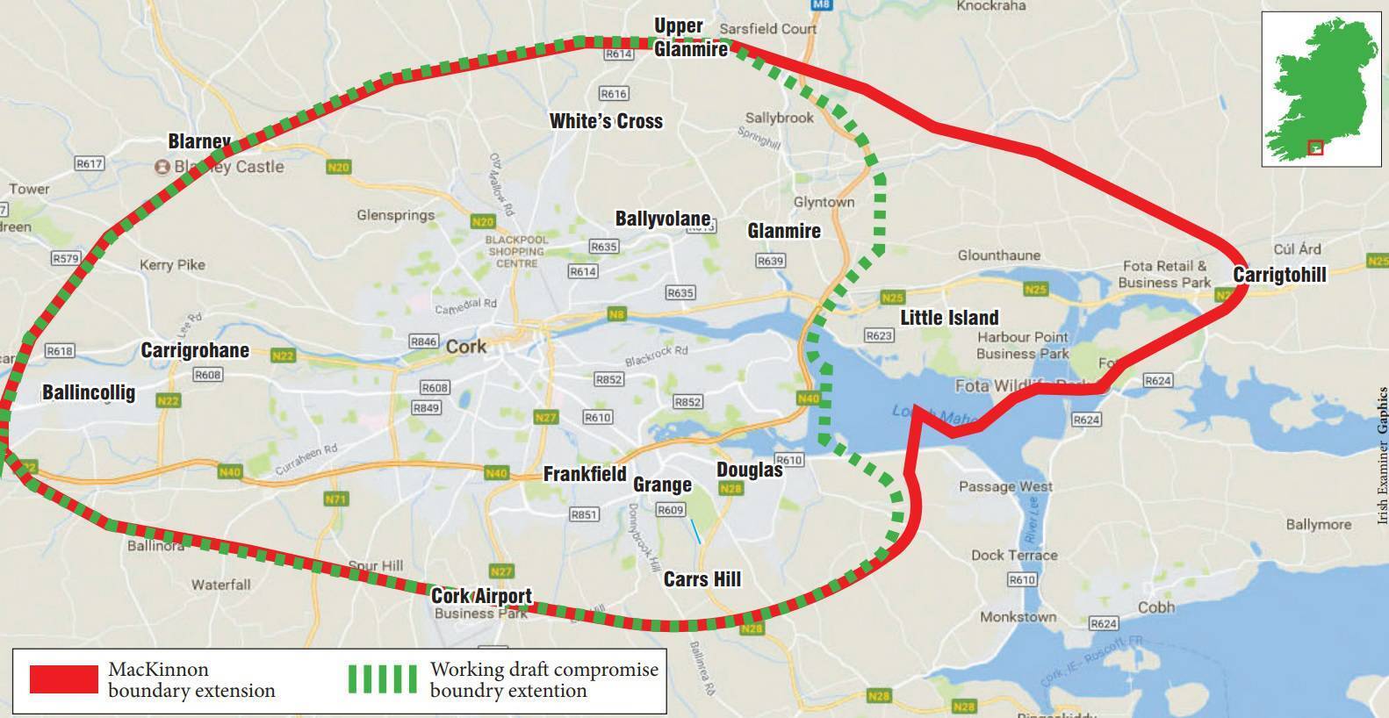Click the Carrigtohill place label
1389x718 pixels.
(1279, 275)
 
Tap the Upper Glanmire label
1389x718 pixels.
(691, 37)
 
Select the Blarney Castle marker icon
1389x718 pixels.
(162, 167)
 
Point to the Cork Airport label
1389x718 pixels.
(481, 597)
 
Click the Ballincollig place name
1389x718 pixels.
(89, 392)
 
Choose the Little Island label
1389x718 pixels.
(949, 318)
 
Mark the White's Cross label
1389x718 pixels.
(606, 121)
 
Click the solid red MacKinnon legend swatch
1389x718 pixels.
(64, 679)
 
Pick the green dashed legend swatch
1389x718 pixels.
(382, 679)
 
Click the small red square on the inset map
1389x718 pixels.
(1314, 147)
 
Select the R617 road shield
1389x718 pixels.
(90, 163)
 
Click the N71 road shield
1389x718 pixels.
(336, 499)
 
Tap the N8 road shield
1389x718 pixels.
(617, 314)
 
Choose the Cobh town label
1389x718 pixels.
(1155, 608)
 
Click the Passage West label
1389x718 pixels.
(1005, 486)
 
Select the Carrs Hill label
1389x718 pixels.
(702, 579)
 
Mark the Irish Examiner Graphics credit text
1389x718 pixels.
(1383, 456)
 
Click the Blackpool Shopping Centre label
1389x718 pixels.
(516, 251)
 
